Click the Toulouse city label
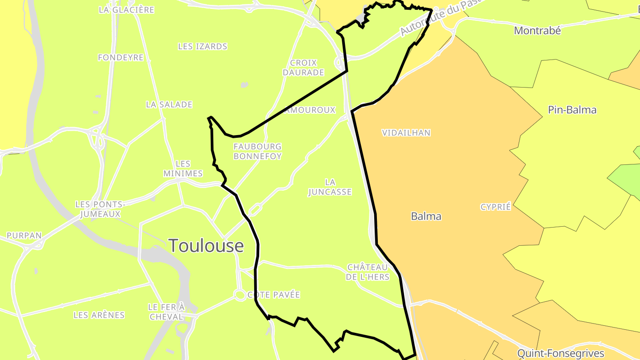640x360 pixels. (206, 245)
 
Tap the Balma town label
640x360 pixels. (426, 216)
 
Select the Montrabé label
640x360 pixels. (537, 31)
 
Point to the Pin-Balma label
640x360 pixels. (572, 110)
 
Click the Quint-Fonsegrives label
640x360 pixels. (560, 353)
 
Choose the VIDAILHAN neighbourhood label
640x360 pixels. (406, 132)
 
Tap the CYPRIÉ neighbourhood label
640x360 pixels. (496, 207)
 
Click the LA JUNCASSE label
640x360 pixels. (330, 187)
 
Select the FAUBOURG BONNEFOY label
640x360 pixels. (258, 151)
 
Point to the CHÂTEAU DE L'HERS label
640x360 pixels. (368, 272)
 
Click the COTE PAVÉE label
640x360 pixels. (274, 295)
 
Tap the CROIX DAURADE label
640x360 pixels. (304, 68)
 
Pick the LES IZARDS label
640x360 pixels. (203, 46)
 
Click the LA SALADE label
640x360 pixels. (169, 104)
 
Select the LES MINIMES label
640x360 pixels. (183, 168)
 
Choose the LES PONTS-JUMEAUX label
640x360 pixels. (100, 209)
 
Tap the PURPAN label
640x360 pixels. (24, 236)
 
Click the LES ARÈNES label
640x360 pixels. (99, 315)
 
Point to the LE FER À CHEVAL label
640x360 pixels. (166, 312)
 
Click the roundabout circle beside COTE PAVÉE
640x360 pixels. (240, 295)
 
